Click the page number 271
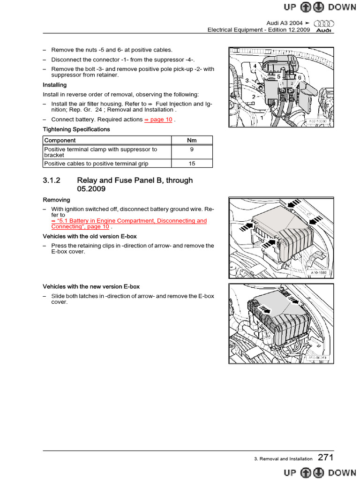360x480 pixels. click(325, 457)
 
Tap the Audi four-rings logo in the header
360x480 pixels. click(323, 23)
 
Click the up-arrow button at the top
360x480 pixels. click(306, 7)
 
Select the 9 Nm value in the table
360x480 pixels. click(192, 149)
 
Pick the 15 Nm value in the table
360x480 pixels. click(192, 163)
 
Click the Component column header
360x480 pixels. click(60, 140)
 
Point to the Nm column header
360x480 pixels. click(192, 140)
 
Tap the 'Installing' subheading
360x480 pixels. click(54, 85)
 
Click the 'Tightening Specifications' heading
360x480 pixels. click(76, 129)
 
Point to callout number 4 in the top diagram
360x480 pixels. click(255, 66)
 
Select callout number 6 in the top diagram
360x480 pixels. click(300, 77)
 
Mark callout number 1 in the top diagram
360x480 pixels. click(262, 117)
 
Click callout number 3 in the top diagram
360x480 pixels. click(247, 81)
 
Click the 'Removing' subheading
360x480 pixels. click(56, 200)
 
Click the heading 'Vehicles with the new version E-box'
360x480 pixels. click(91, 286)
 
